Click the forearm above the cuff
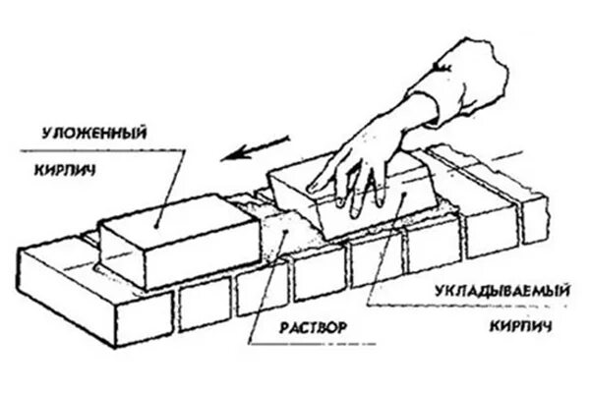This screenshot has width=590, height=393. coord(462,69)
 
